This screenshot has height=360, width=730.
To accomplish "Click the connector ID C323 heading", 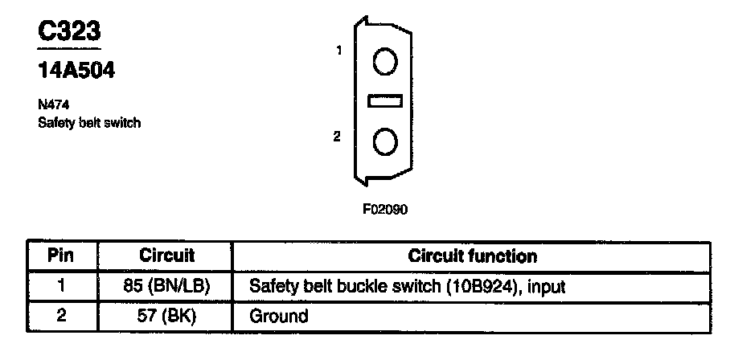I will point(69,31).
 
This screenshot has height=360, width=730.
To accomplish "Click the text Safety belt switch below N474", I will point(89,124).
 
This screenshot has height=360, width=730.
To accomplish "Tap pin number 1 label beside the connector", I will point(339,51).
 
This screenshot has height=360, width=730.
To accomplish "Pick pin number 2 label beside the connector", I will point(338,137).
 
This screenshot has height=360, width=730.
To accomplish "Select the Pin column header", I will point(61,256).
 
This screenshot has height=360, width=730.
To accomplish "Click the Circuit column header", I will point(167,256).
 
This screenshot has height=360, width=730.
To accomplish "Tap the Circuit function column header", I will point(473,256).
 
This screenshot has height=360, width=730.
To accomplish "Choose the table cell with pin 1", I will point(61,285).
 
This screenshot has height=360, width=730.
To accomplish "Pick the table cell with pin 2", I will point(61,315).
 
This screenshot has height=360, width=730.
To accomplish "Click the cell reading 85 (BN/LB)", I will point(167,286).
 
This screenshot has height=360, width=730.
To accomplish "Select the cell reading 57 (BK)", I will point(167,315).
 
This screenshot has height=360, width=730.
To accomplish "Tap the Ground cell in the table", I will point(278,315).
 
